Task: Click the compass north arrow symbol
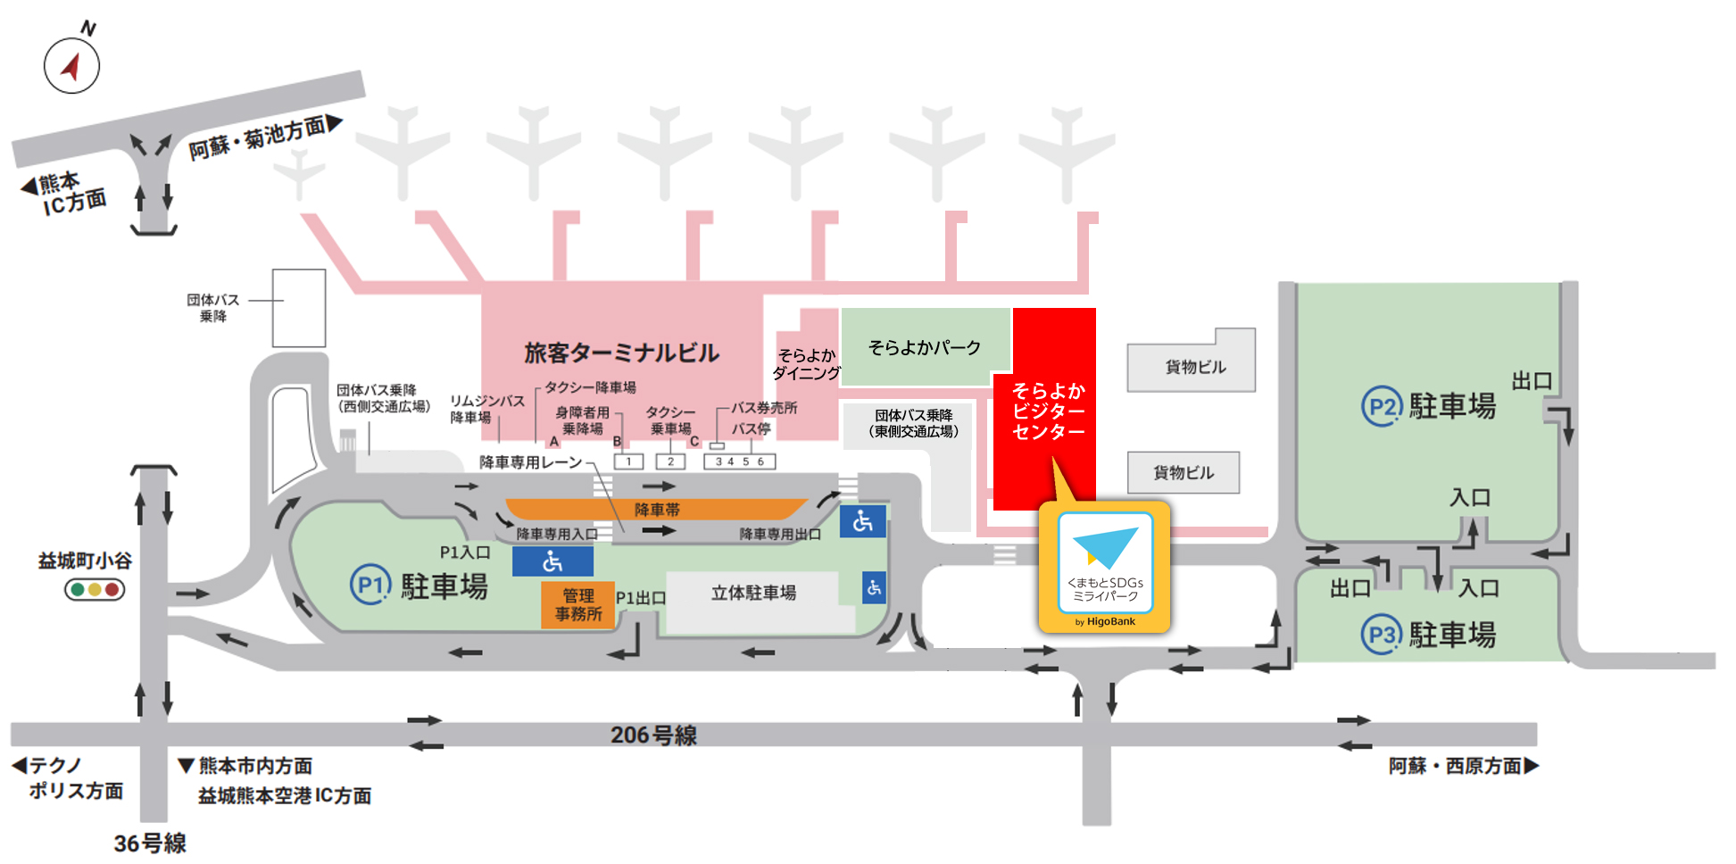[x=71, y=65]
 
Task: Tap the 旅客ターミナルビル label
[x=621, y=353]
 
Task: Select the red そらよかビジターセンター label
[x=1048, y=411]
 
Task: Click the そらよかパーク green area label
[x=925, y=347]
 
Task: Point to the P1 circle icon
[x=370, y=586]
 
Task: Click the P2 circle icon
[x=1381, y=407]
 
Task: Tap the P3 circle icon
[x=1381, y=635]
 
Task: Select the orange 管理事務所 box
[x=577, y=605]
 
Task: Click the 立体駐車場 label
[x=753, y=593]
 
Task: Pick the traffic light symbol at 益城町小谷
[x=95, y=589]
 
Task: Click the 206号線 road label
[x=653, y=735]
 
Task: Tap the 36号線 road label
[x=150, y=843]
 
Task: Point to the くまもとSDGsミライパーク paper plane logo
[x=1105, y=546]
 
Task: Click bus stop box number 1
[x=628, y=461]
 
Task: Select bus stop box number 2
[x=670, y=461]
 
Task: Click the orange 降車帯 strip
[x=657, y=510]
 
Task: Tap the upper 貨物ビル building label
[x=1195, y=367]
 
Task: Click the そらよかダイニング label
[x=806, y=364]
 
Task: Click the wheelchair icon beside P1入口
[x=552, y=561]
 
